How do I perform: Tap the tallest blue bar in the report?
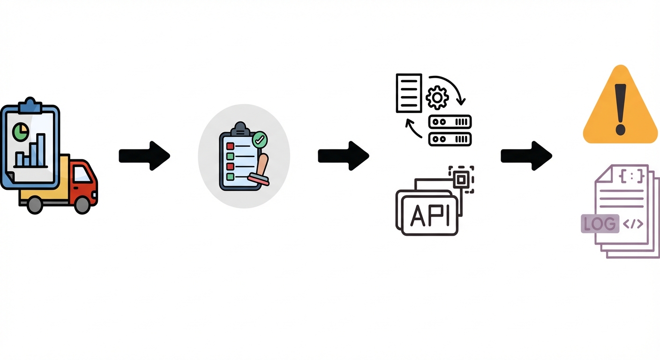[41, 150]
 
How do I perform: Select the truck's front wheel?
[82, 204]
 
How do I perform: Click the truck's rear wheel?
[35, 204]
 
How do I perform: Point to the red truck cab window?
[82, 174]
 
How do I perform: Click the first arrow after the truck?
[144, 156]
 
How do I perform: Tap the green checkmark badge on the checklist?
[260, 139]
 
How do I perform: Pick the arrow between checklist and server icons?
[343, 156]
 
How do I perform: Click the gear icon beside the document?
[437, 97]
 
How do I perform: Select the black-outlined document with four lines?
[409, 93]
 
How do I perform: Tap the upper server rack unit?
[450, 122]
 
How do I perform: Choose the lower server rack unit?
[450, 139]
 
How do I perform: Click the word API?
[429, 216]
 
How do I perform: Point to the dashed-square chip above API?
[461, 179]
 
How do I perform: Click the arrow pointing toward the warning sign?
[526, 156]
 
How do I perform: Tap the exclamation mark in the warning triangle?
[621, 109]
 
